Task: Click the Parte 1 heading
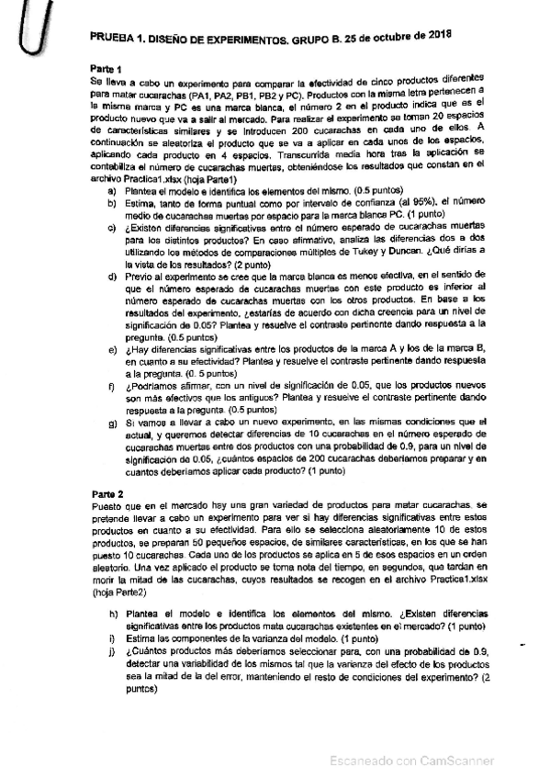click(107, 68)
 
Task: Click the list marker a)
click(111, 189)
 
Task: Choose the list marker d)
click(111, 275)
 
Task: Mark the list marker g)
click(111, 421)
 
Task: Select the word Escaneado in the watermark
click(361, 761)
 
